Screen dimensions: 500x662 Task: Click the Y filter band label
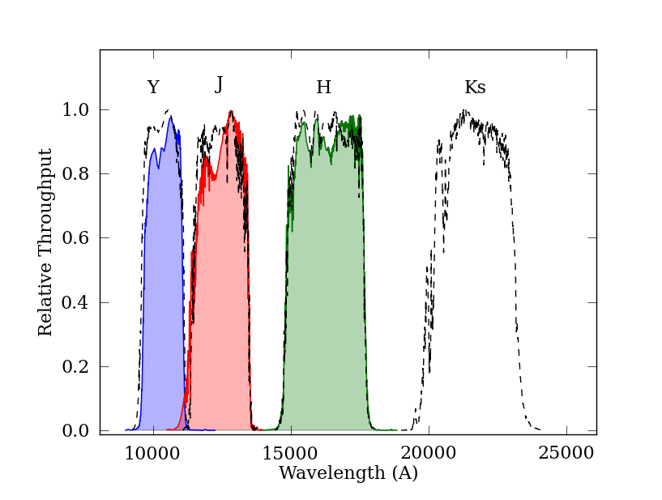(153, 88)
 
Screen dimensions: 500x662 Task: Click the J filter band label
(219, 85)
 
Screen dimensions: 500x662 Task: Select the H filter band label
(323, 88)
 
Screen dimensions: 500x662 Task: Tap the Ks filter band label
(475, 88)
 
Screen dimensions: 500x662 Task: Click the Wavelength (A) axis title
(348, 473)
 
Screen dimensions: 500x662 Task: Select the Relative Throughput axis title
(46, 241)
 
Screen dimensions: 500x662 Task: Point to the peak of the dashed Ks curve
(465, 111)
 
